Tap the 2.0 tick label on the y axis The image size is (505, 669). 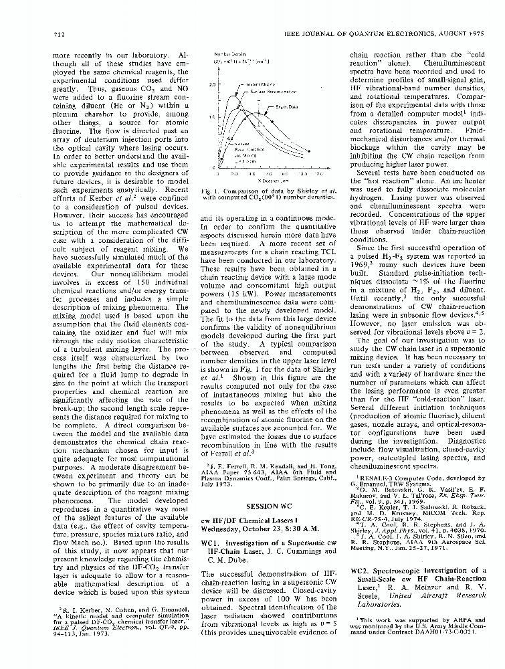coord(212,85)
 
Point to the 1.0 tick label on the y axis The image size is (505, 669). coord(212,118)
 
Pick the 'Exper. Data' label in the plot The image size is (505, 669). coord(286,106)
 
